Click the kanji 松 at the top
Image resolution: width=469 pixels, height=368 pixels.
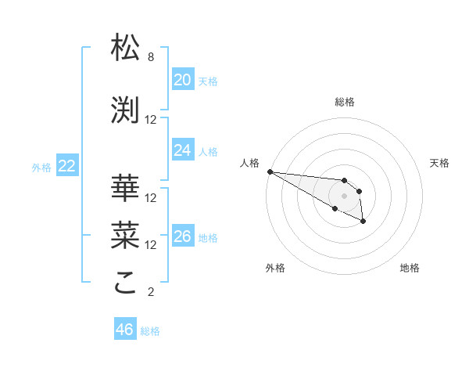[x=126, y=49]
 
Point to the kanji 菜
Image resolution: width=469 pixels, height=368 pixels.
[x=126, y=233]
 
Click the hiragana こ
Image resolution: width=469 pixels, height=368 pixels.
[x=126, y=283]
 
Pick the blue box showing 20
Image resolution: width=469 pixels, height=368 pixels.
[x=182, y=80]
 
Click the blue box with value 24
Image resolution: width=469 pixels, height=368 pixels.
[x=182, y=150]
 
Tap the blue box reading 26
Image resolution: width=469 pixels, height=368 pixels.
[x=182, y=236]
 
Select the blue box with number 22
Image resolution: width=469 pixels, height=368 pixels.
[x=66, y=166]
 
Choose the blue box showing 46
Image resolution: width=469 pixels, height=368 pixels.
[x=124, y=330]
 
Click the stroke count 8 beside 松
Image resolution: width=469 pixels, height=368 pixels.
[x=150, y=57]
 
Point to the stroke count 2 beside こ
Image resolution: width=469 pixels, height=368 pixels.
[x=150, y=292]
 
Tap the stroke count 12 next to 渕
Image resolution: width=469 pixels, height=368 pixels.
[x=151, y=119]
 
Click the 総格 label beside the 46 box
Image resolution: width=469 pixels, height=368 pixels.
[x=150, y=331]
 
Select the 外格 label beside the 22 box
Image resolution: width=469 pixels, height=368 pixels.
[x=41, y=167]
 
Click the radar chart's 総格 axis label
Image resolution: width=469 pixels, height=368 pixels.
[x=345, y=102]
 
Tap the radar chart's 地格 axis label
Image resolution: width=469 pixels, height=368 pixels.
[x=410, y=268]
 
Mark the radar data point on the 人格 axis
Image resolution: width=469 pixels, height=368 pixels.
[x=269, y=171]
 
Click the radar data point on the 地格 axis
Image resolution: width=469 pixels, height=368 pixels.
[x=363, y=222]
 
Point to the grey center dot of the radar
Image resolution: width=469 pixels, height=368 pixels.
[x=345, y=196]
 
